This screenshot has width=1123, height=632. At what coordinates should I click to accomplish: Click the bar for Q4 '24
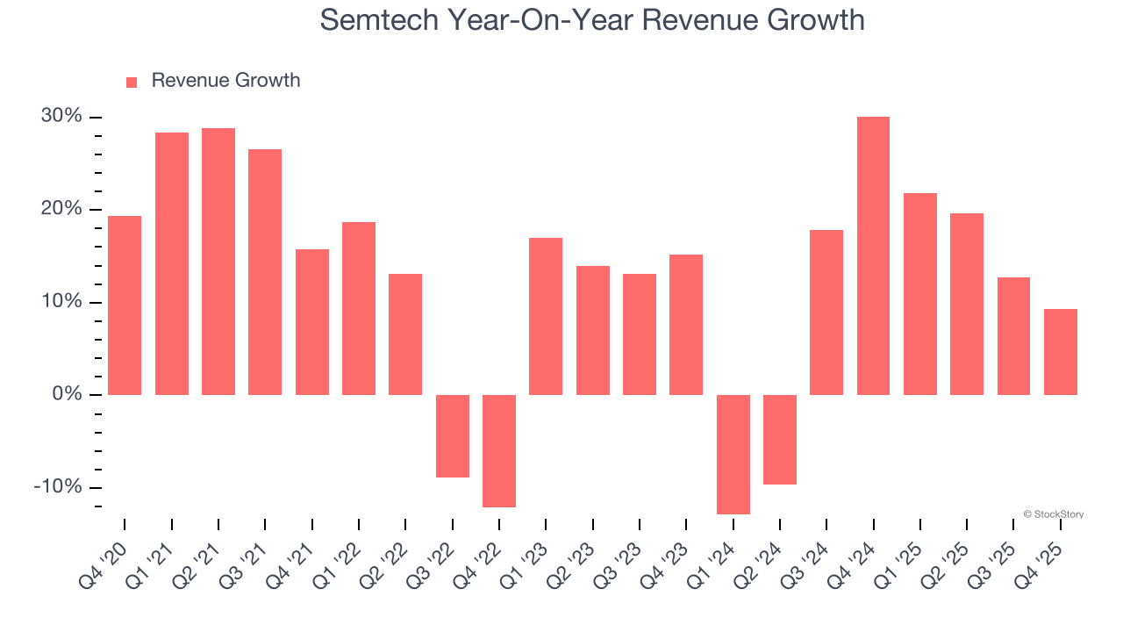click(873, 255)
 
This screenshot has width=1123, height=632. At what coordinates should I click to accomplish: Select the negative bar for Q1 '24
click(733, 454)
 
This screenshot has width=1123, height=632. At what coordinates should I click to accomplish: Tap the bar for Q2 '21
click(218, 262)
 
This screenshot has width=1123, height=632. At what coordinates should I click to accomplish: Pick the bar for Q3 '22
click(452, 435)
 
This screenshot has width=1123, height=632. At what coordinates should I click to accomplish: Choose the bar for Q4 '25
click(1060, 351)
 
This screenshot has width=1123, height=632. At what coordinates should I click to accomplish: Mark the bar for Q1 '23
click(546, 316)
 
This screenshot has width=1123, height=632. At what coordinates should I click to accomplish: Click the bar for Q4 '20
click(125, 305)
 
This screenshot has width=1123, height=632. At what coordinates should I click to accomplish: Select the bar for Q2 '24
click(779, 439)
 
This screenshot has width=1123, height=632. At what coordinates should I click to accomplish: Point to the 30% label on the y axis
click(61, 117)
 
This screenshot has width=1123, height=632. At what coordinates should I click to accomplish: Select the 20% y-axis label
click(61, 209)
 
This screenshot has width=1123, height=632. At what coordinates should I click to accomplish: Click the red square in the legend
click(132, 82)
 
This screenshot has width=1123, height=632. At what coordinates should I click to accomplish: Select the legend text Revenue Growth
click(225, 81)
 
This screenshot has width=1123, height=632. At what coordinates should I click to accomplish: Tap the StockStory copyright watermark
click(1053, 514)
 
